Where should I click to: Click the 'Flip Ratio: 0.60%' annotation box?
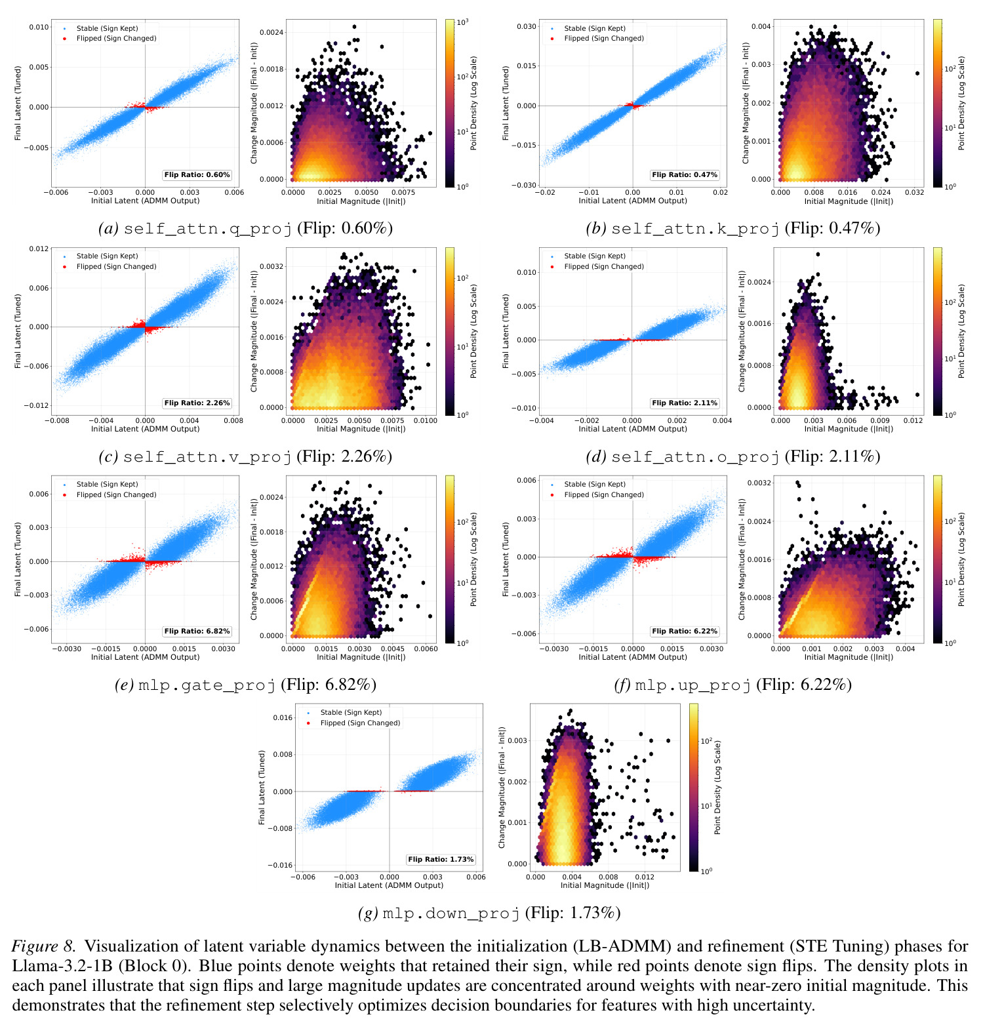coord(197,175)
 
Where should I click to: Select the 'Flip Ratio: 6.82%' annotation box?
coord(197,632)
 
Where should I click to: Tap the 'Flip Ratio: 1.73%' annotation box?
coord(441,859)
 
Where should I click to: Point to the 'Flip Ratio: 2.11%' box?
coord(685,403)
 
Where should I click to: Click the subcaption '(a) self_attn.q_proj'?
coord(195,228)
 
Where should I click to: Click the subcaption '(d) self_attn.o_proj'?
coord(683,456)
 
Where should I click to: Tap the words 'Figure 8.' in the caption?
coord(44,947)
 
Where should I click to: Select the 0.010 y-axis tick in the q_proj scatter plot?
coord(39,27)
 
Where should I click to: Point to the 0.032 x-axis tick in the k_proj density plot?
coord(914,193)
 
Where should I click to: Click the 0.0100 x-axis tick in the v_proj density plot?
coord(426,420)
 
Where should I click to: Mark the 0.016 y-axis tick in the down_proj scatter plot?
coord(283,717)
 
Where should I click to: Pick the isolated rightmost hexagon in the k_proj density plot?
coord(917,73)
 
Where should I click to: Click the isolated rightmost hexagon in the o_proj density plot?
coord(917,395)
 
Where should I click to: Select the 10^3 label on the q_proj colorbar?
coord(462,22)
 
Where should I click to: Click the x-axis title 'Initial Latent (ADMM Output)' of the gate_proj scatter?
coord(145,657)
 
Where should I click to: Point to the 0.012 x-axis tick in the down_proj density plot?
coord(645,877)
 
